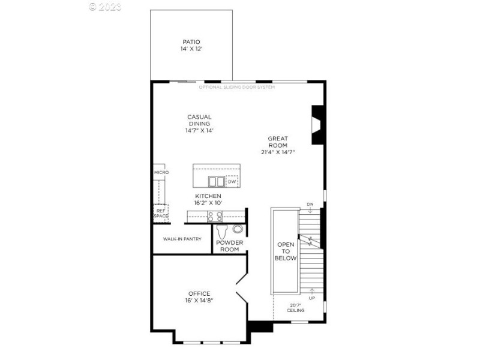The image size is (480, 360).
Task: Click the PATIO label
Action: [x=191, y=42]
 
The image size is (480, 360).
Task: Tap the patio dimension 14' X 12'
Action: [x=191, y=49]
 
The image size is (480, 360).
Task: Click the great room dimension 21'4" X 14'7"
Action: [x=278, y=152]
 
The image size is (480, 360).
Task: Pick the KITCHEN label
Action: [x=208, y=196]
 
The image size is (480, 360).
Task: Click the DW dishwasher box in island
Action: [x=232, y=181]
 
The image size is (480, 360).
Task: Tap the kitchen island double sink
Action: [x=216, y=181]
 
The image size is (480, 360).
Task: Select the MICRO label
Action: [x=161, y=173]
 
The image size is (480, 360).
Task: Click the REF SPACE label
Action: [x=161, y=213]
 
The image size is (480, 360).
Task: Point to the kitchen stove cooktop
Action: [x=215, y=217]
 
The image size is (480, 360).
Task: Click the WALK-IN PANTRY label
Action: [x=182, y=239]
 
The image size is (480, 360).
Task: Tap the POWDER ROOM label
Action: [x=230, y=246]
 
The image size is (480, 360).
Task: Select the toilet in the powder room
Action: [x=222, y=231]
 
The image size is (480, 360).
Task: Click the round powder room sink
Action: [x=238, y=229]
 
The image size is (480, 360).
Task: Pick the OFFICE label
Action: [x=199, y=293]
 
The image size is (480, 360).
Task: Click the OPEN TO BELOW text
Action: [x=286, y=251]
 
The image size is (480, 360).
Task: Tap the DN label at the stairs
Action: [x=310, y=204]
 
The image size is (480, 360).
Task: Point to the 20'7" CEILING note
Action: [x=295, y=307]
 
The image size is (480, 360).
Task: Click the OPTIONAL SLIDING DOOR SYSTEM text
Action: [x=237, y=88]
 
